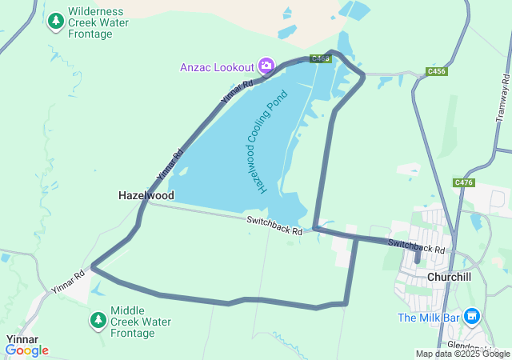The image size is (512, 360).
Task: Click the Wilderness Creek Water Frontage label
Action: (x=98, y=22)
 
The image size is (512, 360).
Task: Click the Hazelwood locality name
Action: (x=146, y=195)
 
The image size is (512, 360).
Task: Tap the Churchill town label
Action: (x=453, y=277)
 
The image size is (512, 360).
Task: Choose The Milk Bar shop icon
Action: (x=472, y=318)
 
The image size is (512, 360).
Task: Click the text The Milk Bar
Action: (x=429, y=318)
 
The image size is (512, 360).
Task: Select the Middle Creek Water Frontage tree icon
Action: (x=98, y=321)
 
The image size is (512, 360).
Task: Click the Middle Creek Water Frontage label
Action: (x=141, y=322)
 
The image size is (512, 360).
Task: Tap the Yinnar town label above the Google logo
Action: (x=22, y=339)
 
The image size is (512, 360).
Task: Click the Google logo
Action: (x=26, y=350)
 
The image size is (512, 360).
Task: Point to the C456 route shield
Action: (x=437, y=72)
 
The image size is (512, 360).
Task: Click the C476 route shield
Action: (x=464, y=183)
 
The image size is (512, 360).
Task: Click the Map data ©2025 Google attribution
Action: (x=462, y=354)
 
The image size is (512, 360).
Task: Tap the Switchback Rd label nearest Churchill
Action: (x=416, y=246)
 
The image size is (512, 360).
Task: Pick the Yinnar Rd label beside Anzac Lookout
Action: (x=237, y=94)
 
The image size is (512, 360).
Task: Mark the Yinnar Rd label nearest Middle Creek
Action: (x=68, y=281)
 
